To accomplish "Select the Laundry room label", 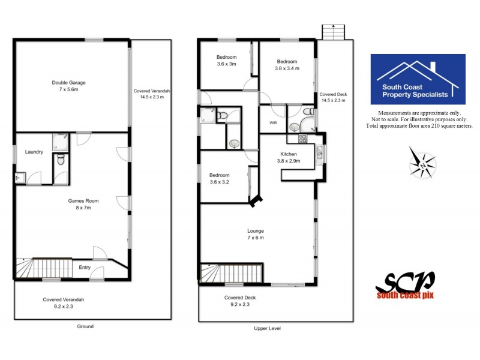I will click(34, 152).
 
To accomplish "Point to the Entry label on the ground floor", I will click(85, 268).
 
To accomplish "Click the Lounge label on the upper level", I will click(256, 234).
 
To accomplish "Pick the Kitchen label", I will click(289, 157).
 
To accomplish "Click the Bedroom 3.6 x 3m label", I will click(226, 61).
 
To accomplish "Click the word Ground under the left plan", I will click(85, 326).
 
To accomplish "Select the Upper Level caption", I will click(267, 329).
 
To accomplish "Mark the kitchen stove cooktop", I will click(301, 139).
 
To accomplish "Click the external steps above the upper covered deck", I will click(331, 32).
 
